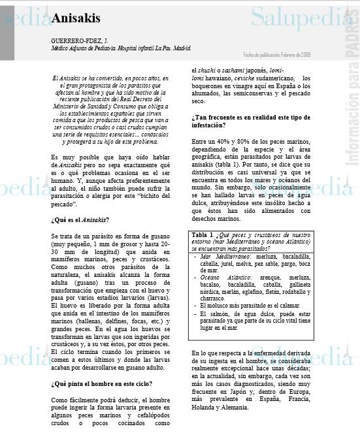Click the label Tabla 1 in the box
pyautogui.click(x=203, y=234)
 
